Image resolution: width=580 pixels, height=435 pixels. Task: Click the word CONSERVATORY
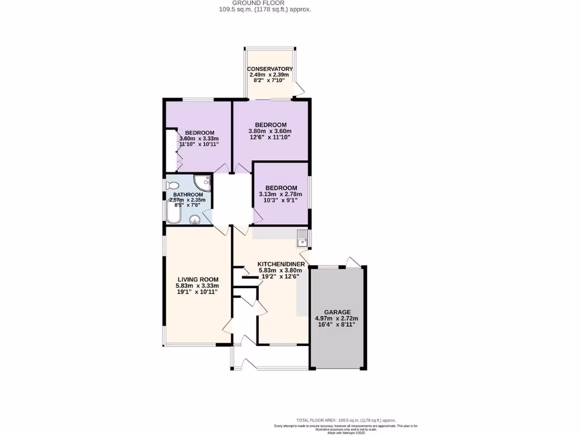point(270,69)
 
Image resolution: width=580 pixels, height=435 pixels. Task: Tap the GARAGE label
point(337,312)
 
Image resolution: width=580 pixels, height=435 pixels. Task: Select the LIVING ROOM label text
point(198,279)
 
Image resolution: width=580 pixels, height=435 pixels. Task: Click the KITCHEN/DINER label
point(281,264)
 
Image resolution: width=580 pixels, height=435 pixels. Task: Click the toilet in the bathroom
point(172,185)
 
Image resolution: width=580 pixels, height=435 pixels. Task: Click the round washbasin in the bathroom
point(195,220)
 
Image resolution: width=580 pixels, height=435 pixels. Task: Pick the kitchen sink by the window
point(302,238)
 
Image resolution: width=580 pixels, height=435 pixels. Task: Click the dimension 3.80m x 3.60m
point(270,131)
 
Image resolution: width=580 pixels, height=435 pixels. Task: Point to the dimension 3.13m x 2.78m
point(281,195)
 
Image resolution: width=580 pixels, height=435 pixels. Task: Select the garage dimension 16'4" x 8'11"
point(336,325)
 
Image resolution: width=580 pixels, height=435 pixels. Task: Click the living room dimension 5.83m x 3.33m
point(197,286)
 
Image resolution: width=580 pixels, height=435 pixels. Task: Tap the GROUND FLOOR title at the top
point(265,3)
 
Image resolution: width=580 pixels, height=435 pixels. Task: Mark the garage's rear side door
point(353,261)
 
